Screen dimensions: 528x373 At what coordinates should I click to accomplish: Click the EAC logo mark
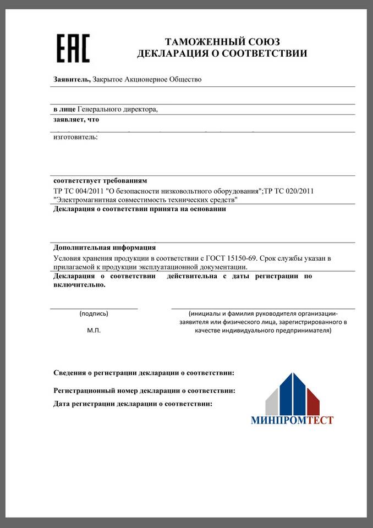pyautogui.click(x=74, y=48)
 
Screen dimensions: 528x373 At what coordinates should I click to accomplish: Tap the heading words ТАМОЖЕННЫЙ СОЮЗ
pyautogui.click(x=222, y=42)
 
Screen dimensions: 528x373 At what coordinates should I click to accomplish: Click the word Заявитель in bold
pyautogui.click(x=71, y=79)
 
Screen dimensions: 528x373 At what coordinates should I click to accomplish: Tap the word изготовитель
pyautogui.click(x=75, y=136)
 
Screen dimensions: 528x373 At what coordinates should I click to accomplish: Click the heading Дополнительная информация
pyautogui.click(x=105, y=247)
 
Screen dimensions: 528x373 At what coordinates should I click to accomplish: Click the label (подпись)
pyautogui.click(x=94, y=313)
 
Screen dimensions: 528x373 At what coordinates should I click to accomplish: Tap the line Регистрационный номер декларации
pyautogui.click(x=144, y=391)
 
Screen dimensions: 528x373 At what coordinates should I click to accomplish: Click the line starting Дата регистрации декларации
pyautogui.click(x=133, y=404)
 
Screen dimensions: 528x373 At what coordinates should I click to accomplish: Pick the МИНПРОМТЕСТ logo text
pyautogui.click(x=292, y=421)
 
